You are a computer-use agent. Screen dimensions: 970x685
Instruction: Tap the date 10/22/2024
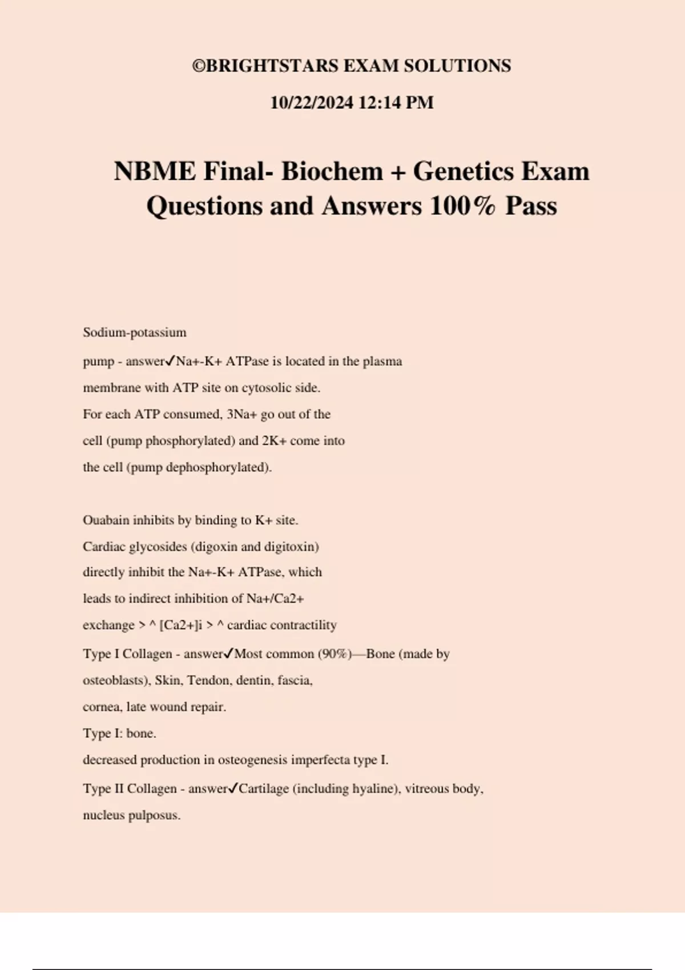[x=311, y=103]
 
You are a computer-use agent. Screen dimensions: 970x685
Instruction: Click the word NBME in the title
[x=155, y=171]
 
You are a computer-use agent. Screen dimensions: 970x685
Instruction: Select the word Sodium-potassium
[x=135, y=332]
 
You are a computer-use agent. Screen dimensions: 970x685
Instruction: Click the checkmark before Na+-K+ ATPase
[x=170, y=361]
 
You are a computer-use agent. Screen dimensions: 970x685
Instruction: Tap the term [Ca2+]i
[x=181, y=625]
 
